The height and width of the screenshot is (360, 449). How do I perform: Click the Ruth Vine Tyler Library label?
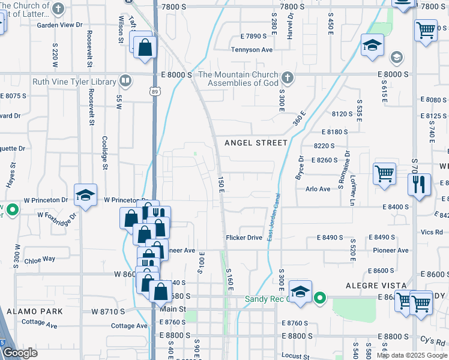pyautogui.click(x=74, y=82)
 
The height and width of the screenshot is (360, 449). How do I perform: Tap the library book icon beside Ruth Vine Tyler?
pyautogui.click(x=125, y=80)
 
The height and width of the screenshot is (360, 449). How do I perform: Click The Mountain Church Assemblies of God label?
pyautogui.click(x=239, y=79)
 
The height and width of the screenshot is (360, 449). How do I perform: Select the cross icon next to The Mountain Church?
pyautogui.click(x=288, y=77)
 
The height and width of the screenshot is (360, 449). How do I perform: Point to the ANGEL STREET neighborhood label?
pyautogui.click(x=256, y=143)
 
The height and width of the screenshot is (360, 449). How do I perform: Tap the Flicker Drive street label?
pyautogui.click(x=244, y=238)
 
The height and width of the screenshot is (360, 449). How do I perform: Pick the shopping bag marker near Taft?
pyautogui.click(x=145, y=47)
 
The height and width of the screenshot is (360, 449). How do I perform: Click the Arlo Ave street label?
pyautogui.click(x=318, y=189)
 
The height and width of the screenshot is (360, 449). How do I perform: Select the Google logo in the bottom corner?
pyautogui.click(x=20, y=353)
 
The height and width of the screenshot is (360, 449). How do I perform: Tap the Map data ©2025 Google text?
pyautogui.click(x=412, y=355)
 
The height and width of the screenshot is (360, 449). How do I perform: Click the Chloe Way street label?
pyautogui.click(x=40, y=260)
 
